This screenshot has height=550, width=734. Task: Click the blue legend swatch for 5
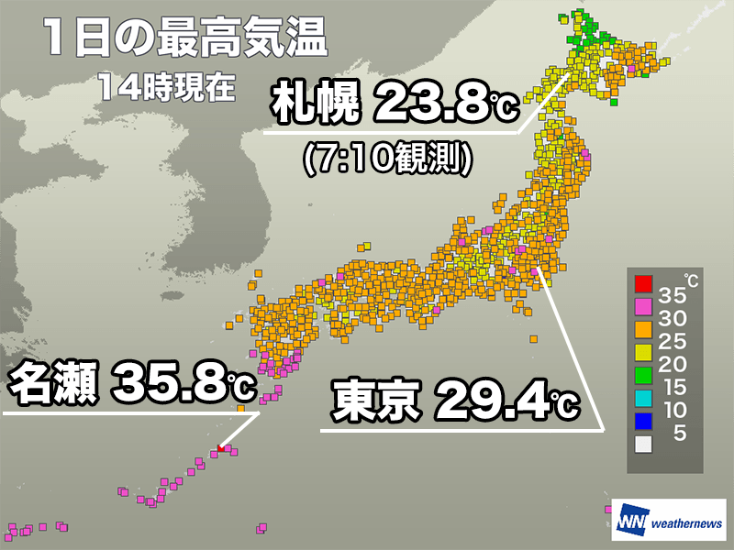click(643, 421)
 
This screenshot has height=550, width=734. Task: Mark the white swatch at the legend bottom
click(643, 444)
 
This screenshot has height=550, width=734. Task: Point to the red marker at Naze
click(220, 448)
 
